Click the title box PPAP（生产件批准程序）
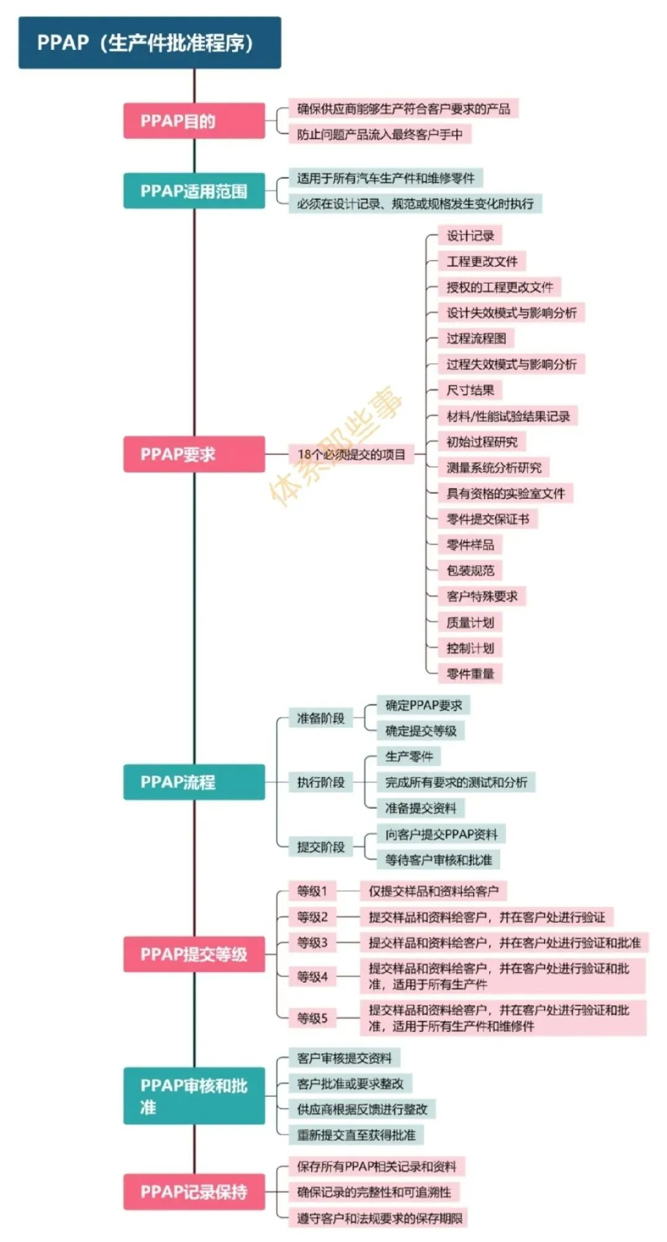tap(149, 43)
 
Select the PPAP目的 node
tap(194, 121)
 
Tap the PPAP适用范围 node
tap(194, 191)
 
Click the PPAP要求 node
tap(194, 454)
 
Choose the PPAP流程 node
tap(194, 782)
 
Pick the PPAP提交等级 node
tap(194, 954)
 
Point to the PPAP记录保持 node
tap(194, 1191)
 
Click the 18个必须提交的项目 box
tap(351, 454)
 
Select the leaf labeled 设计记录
tap(471, 236)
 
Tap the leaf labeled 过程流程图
tap(476, 338)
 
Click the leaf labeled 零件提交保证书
tap(488, 519)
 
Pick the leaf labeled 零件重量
tap(471, 673)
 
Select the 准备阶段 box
tap(321, 718)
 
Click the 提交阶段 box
tap(321, 847)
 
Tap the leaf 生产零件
tap(409, 756)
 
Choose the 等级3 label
tap(312, 943)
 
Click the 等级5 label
tap(312, 1018)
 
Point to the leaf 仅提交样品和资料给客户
tap(434, 891)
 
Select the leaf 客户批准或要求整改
tap(350, 1083)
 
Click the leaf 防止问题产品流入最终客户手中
tap(380, 134)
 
